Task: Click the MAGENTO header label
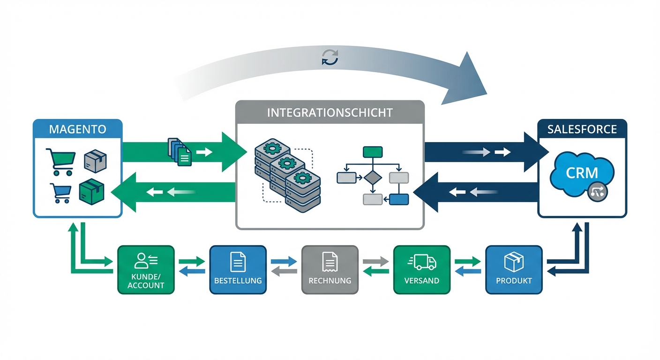pos(78,128)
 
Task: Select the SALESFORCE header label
pos(582,128)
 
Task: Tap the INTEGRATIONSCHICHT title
pos(330,112)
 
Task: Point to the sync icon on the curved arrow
pos(330,58)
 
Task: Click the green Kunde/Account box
pos(146,270)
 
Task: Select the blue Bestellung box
pos(238,270)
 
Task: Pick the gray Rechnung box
pos(330,270)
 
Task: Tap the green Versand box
pos(421,270)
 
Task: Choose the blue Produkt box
pos(514,270)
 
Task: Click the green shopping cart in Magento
pos(60,161)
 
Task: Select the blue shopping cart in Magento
pos(60,193)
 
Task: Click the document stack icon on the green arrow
pos(180,152)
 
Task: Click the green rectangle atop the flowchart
pos(373,152)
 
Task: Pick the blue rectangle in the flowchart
pos(399,199)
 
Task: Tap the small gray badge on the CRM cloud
pos(597,192)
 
